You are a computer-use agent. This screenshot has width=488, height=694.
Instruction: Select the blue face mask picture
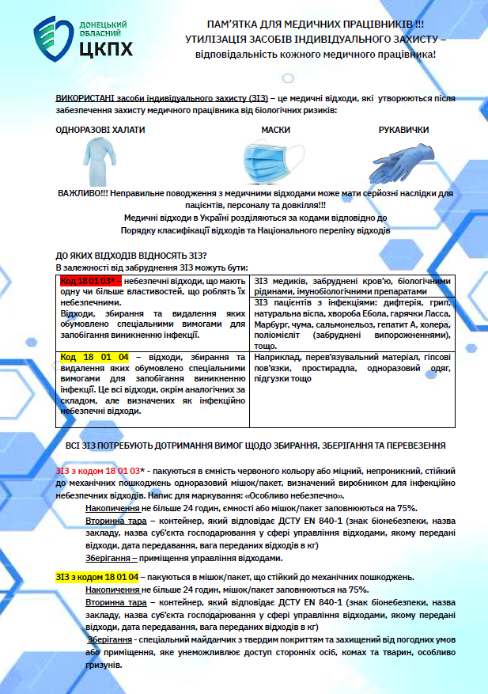coord(271,161)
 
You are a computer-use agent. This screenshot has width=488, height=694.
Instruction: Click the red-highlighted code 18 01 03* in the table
coord(91,281)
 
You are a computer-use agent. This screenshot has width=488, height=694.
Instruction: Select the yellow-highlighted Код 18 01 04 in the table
coord(94,358)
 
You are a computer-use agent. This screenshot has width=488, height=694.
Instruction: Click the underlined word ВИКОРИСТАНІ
coord(85,97)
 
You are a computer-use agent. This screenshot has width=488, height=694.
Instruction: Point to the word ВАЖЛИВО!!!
coord(83,193)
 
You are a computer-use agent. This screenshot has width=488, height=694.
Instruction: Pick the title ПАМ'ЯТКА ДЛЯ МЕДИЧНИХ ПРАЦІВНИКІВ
coord(303,25)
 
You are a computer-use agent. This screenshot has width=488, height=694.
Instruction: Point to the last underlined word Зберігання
coord(109,639)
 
